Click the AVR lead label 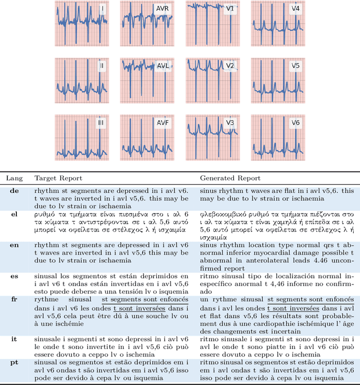(162, 10)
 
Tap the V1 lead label (230, 10)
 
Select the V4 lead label (295, 10)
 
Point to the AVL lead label (163, 66)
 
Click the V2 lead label (230, 66)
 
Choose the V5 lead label (295, 66)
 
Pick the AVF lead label (162, 123)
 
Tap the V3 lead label (230, 123)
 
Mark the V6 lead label (295, 123)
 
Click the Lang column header (13, 178)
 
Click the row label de (13, 191)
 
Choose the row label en (13, 244)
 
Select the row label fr (13, 299)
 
